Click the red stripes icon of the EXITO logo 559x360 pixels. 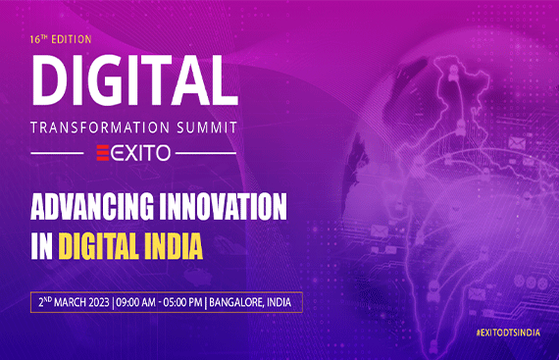tap(101, 152)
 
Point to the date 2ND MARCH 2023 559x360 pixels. tap(70, 300)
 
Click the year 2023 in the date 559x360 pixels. tap(95, 300)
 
